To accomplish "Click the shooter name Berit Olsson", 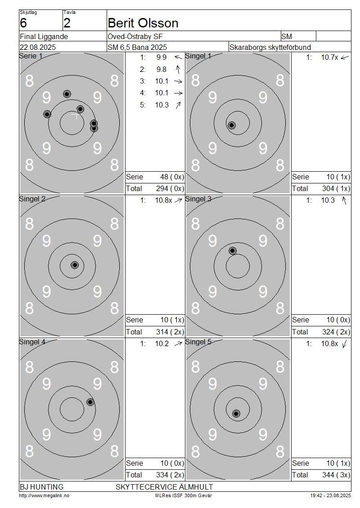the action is pyautogui.click(x=143, y=23).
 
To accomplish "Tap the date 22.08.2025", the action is pyautogui.click(x=38, y=47).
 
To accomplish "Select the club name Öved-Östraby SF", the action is pyautogui.click(x=135, y=36).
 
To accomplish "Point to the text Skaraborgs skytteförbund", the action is pyautogui.click(x=270, y=47).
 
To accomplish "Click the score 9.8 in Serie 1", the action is pyautogui.click(x=161, y=69).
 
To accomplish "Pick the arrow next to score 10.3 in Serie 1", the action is pyautogui.click(x=178, y=105).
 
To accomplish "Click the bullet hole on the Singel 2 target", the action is pyautogui.click(x=75, y=265).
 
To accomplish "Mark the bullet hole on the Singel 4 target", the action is pyautogui.click(x=90, y=402).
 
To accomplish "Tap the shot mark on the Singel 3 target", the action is pyautogui.click(x=233, y=251).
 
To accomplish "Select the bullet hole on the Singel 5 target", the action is pyautogui.click(x=236, y=414).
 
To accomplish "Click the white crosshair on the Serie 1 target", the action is pyautogui.click(x=76, y=115).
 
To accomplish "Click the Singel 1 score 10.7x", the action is pyautogui.click(x=329, y=58).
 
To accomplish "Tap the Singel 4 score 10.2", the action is pyautogui.click(x=162, y=344).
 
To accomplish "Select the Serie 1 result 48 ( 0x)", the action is pyautogui.click(x=172, y=177).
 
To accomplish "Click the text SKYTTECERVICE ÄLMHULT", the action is pyautogui.click(x=164, y=487).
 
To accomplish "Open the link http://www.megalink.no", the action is pyautogui.click(x=44, y=496).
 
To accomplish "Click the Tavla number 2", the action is pyautogui.click(x=67, y=23).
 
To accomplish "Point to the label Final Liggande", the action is pyautogui.click(x=44, y=36).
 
